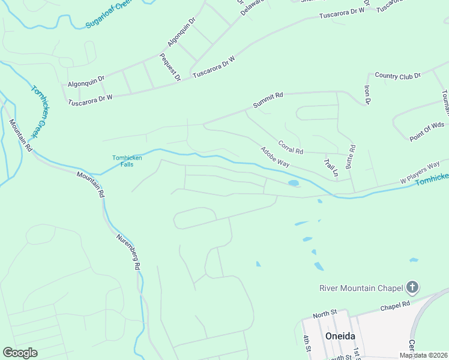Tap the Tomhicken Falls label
[127, 161]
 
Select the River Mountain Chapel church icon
[412, 288]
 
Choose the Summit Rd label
[268, 100]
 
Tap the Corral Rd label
[291, 147]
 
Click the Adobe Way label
[275, 157]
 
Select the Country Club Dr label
[397, 76]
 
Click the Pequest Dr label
[170, 67]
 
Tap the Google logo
[20, 353]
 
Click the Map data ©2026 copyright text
[424, 355]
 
